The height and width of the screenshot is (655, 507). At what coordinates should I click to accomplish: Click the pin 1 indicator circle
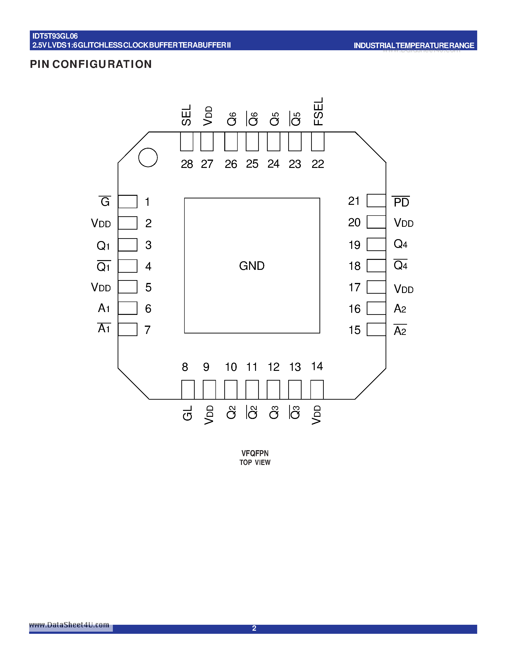(x=148, y=157)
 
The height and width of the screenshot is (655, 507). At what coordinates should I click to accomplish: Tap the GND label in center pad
(x=252, y=266)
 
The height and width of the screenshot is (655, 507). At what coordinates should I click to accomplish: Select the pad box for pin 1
(x=128, y=202)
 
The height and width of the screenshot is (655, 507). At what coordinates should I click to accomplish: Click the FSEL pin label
(x=318, y=111)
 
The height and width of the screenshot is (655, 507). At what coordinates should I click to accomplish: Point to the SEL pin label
(x=186, y=115)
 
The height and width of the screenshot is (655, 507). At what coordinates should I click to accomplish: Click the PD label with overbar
(x=401, y=202)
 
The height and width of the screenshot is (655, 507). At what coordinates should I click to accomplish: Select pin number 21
(x=354, y=201)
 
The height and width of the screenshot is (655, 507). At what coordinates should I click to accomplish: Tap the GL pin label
(x=188, y=413)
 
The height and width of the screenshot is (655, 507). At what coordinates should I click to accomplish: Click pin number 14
(x=317, y=366)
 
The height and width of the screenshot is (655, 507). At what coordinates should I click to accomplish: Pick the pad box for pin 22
(x=318, y=141)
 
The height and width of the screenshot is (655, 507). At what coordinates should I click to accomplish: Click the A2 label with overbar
(x=400, y=331)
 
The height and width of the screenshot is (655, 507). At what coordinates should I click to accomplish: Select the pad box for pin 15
(x=376, y=329)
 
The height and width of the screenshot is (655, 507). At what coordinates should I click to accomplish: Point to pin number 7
(x=147, y=330)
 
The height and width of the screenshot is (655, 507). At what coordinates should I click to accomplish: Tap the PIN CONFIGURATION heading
(x=91, y=64)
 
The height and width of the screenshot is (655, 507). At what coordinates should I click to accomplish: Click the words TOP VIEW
(x=255, y=463)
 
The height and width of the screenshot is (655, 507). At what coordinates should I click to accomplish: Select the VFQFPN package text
(x=255, y=453)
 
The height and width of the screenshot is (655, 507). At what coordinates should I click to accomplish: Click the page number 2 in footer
(x=254, y=628)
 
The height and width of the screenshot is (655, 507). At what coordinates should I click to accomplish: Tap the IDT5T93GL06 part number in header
(x=55, y=36)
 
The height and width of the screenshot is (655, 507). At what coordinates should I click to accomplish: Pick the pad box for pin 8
(x=188, y=390)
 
